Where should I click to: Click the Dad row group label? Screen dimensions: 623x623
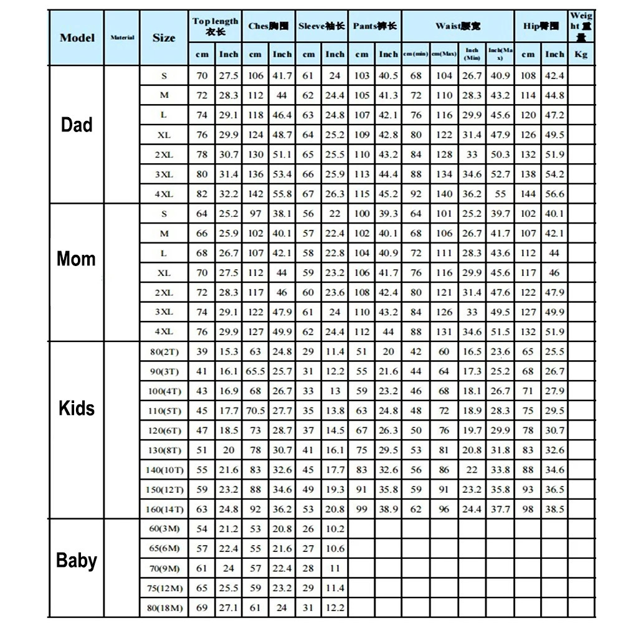pos(76,125)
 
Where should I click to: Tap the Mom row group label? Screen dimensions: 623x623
pos(76,259)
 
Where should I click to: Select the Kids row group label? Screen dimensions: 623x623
pos(76,408)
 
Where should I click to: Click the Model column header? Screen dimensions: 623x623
pos(77,37)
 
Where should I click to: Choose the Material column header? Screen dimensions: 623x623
pos(122,37)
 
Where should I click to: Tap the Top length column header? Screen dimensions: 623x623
pos(215,26)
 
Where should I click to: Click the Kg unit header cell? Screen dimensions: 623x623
pos(581,54)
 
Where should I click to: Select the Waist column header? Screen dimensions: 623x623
pos(458,26)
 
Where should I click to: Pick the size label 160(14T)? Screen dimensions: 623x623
pos(164,510)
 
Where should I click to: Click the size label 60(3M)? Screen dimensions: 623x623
pos(164,529)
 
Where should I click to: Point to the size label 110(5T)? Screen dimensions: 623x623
pos(164,411)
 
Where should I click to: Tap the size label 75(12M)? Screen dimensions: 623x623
pos(164,588)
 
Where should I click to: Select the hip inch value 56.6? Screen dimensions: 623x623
pos(554,194)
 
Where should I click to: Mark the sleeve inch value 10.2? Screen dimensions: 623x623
pos(335,529)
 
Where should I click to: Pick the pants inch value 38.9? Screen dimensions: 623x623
pos(388,510)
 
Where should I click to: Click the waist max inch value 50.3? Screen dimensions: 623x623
pos(500,155)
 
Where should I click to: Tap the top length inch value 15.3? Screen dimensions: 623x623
pos(229,352)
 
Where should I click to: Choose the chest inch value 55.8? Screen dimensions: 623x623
pos(282,194)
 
